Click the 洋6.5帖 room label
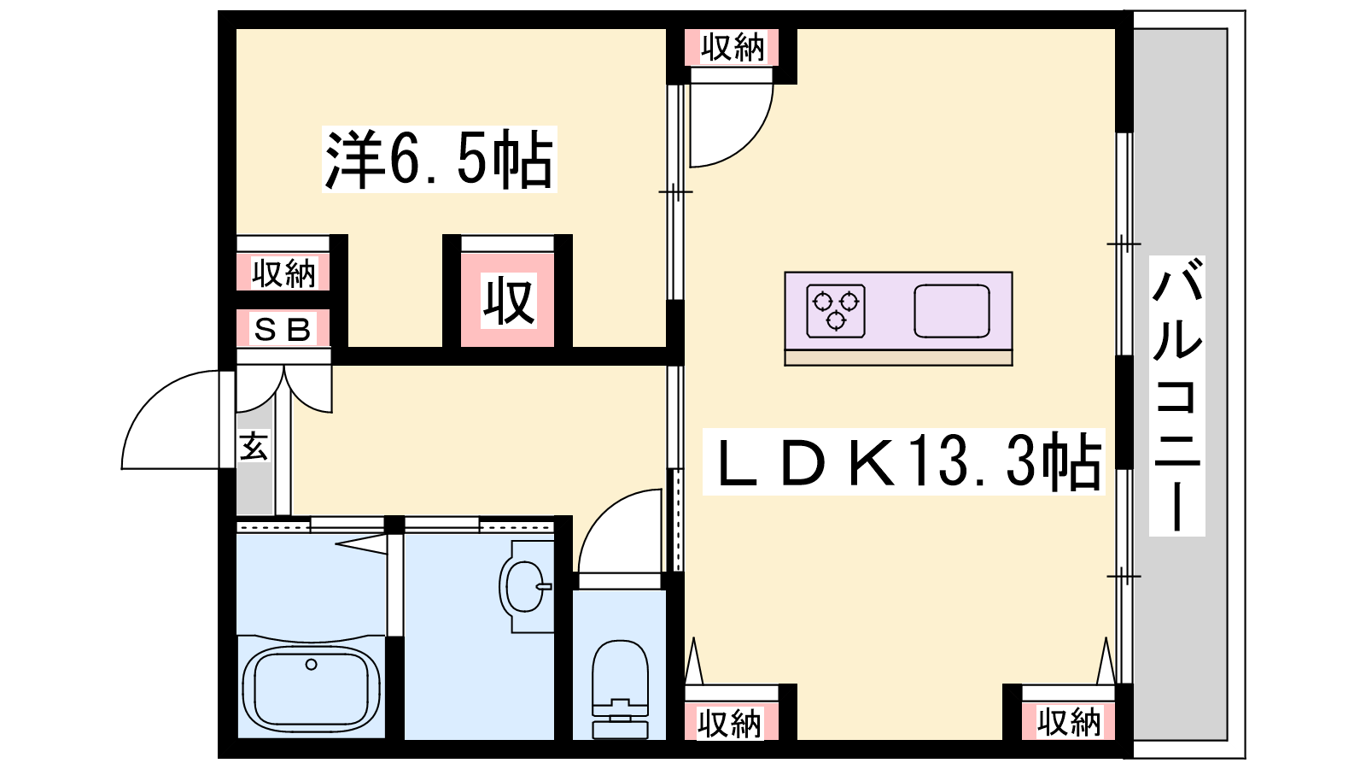[439, 159]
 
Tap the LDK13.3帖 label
[904, 461]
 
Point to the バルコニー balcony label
[1177, 396]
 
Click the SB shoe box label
[283, 330]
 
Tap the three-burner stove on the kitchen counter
[836, 311]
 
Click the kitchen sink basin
[951, 311]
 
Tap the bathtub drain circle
[312, 664]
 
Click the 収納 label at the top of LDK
[732, 48]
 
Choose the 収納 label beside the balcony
[1069, 722]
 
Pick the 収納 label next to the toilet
[730, 724]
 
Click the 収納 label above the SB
[284, 273]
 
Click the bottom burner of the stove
[836, 320]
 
